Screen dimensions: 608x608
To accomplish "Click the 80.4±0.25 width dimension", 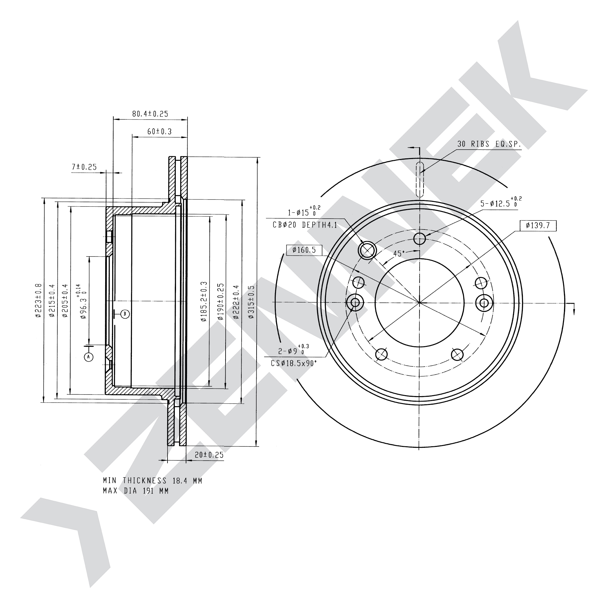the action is pos(150,114).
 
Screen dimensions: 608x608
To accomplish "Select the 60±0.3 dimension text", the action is pos(159,131).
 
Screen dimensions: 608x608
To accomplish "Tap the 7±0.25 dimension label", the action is pos(84,167).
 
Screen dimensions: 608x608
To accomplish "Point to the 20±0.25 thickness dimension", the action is pos(209,455).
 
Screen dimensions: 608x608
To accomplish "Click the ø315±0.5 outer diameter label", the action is pos(251,302).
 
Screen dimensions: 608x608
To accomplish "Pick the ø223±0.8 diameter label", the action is pos(38,300).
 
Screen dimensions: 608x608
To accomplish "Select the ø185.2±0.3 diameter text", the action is pos(204,302).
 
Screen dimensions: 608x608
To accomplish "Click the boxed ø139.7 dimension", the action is pos(538,226).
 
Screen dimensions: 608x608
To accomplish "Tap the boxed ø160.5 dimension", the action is pos(304,250).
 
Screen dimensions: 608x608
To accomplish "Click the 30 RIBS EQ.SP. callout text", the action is pos(489,144).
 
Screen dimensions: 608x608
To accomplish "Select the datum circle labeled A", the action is pos(89,357).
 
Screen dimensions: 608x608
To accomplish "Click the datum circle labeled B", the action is pos(125,314).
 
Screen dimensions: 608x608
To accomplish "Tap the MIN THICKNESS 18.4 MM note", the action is pos(153,481).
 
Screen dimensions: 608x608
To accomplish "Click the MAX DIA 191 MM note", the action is pos(136,491).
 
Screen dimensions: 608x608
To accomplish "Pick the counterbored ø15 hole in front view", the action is pos(367,250).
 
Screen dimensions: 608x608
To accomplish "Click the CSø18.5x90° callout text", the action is pos(294,364).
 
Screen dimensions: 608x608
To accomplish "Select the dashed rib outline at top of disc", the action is pos(420,180).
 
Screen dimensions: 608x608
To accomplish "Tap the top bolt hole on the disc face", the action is pos(420,239).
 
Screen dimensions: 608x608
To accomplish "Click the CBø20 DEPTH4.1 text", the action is pos(305,225).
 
